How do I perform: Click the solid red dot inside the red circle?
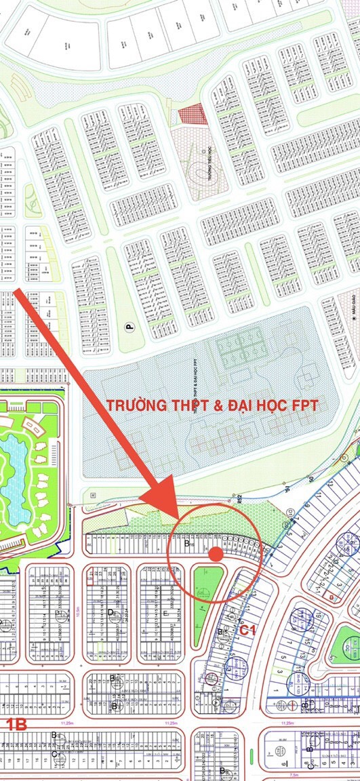pyautogui.click(x=216, y=554)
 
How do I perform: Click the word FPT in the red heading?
pyautogui.click(x=306, y=405)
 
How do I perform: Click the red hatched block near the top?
pyautogui.click(x=192, y=114)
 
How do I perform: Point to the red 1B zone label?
pyautogui.click(x=16, y=725)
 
